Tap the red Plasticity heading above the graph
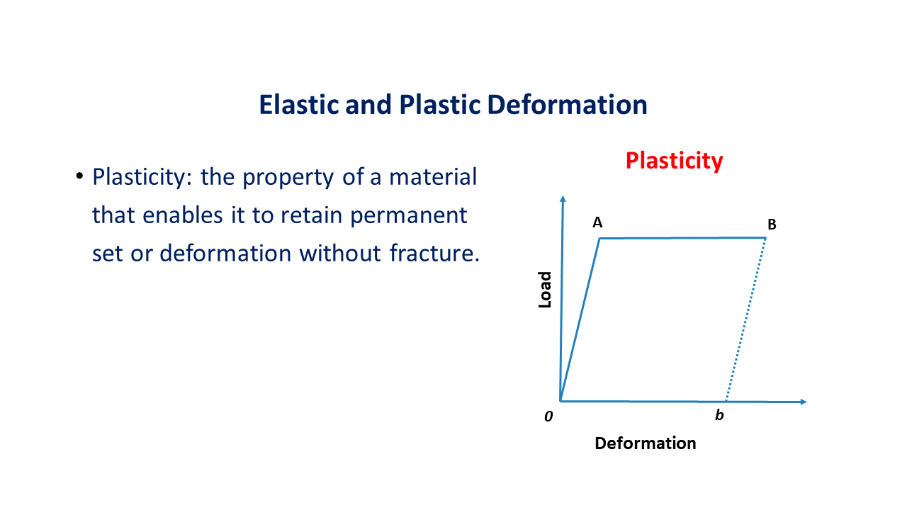pos(674,161)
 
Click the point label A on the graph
pos(597,222)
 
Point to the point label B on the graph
pos(772,225)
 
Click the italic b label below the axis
pos(719,415)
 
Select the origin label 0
pos(548,416)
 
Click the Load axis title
pos(545,290)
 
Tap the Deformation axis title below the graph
pos(646,443)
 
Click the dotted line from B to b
pos(746,319)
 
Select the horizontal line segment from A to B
pos(682,239)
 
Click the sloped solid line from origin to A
pos(580,319)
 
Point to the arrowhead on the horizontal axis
pos(804,402)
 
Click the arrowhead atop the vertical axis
pos(563,198)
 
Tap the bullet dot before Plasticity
pos(79,176)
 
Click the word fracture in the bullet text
pos(434,253)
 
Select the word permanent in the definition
pos(409,216)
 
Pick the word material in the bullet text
pos(433,177)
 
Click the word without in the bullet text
pos(340,253)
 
